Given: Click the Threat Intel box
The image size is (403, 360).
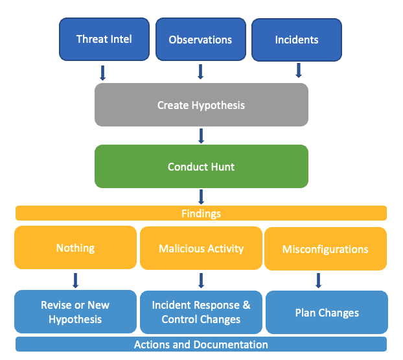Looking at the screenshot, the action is (x=104, y=40).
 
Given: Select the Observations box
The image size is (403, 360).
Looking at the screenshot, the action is (x=201, y=40).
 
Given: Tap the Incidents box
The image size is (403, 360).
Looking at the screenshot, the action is (x=297, y=40).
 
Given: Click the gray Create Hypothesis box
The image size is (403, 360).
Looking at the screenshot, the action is (x=201, y=104).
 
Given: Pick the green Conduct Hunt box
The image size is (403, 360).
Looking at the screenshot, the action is (x=201, y=166).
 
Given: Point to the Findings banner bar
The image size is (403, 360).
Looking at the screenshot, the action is (x=201, y=213).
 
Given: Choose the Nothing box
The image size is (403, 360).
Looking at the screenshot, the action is (x=75, y=248).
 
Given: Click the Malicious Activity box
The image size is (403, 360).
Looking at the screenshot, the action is (x=201, y=248).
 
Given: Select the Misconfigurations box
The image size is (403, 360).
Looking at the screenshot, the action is (x=325, y=248).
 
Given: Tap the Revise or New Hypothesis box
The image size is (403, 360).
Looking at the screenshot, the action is (x=75, y=311).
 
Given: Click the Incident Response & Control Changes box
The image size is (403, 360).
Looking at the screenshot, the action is (x=201, y=312).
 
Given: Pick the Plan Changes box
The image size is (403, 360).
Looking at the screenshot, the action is (x=327, y=312).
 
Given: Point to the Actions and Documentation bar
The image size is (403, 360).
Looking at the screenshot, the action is (x=201, y=344).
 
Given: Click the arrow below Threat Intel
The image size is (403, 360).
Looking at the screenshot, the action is (x=102, y=73).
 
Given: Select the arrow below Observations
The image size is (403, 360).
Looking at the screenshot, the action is (x=201, y=72).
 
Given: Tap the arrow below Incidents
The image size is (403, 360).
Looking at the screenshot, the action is (x=299, y=71).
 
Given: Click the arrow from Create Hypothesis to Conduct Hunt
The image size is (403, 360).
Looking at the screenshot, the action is (x=201, y=136).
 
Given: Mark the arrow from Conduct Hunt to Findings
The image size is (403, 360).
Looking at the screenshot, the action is (x=201, y=197).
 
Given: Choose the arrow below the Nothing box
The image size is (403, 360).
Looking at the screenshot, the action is (x=75, y=280).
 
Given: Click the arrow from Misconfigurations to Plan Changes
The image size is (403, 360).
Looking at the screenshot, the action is (x=318, y=280).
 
